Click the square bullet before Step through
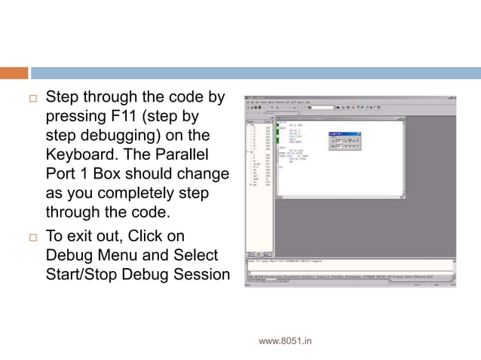[x=32, y=99]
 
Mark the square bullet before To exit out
[x=32, y=236]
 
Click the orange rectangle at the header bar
[x=14, y=73]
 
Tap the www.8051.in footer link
[x=285, y=341]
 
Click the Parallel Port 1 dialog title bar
[x=344, y=134]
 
